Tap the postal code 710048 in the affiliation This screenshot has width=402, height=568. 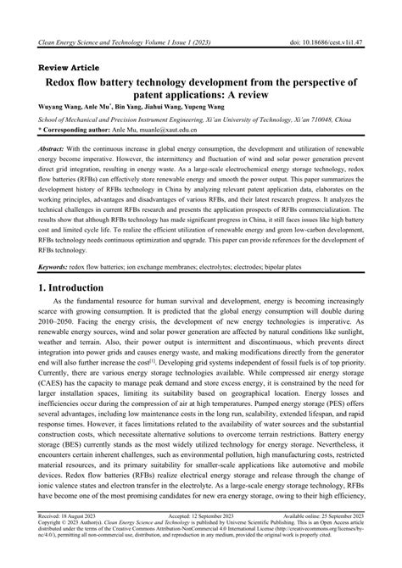click(x=316, y=121)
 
